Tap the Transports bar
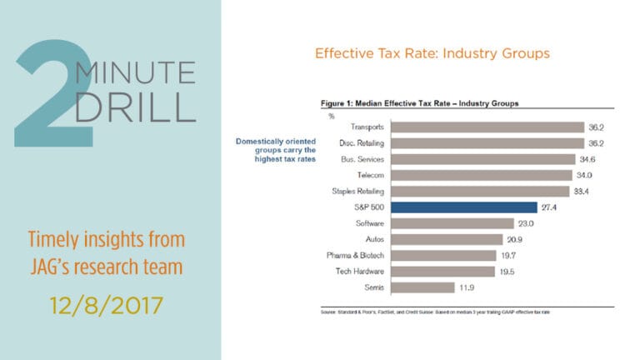coord(487,127)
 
